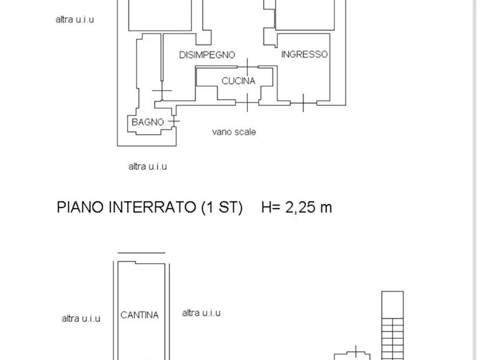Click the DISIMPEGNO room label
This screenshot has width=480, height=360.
207,55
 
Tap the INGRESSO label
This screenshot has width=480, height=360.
304,54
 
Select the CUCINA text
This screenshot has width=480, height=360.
238,81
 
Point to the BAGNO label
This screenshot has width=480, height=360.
147,123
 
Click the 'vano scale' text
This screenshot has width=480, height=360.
234,132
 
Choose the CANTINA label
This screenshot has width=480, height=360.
139,315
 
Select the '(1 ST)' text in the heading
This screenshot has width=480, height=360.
221,207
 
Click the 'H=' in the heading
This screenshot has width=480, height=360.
270,207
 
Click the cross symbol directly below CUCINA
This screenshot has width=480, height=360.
247,102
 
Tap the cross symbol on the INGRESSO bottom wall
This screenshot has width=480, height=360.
303,102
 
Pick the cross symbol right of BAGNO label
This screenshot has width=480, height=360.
174,122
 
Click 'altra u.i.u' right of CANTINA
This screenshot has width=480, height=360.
201,313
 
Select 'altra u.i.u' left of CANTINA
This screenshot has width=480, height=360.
81,318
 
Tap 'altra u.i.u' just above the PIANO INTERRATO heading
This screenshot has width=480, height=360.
147,167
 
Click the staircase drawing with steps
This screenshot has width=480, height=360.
392,325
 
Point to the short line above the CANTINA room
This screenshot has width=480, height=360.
141,253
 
